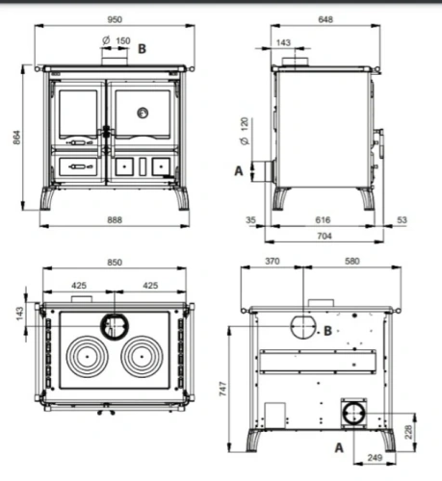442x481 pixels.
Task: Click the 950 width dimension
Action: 115,20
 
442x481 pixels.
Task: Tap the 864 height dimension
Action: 17,138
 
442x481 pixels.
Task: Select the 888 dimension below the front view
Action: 115,220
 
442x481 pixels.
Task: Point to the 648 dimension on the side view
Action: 325,19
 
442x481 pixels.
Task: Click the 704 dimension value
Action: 325,236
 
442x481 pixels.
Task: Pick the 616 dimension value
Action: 323,220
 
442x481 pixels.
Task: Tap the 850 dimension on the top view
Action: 115,263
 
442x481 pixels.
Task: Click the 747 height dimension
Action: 223,389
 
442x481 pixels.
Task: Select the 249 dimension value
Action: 375,458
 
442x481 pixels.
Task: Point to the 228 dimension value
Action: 408,432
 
